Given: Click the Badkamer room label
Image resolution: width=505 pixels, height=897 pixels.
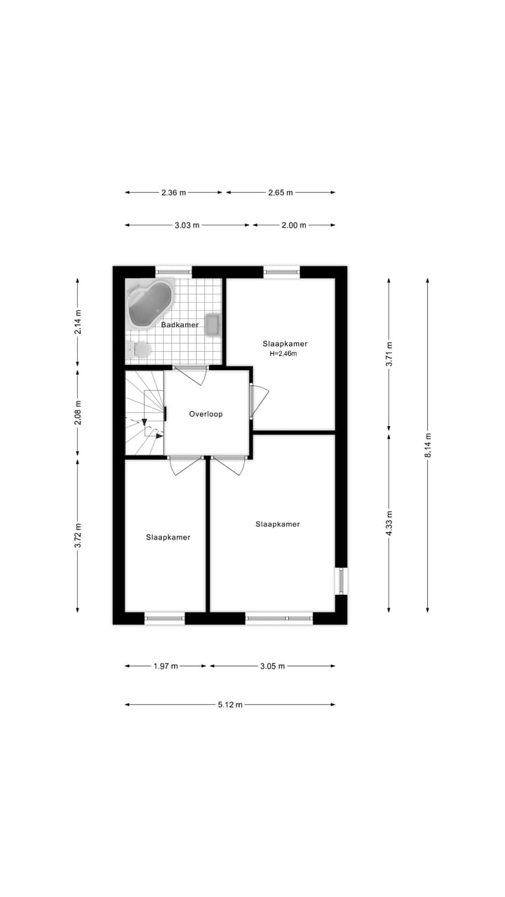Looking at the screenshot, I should coord(180,325).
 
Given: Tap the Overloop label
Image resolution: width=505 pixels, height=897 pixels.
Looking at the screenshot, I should coord(206,414).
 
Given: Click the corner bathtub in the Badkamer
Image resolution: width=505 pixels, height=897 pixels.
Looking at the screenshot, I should coord(150,303).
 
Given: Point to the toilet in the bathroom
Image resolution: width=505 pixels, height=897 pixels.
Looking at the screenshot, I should coord(140,349).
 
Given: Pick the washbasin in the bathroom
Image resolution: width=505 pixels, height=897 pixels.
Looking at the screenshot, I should coord(213,324).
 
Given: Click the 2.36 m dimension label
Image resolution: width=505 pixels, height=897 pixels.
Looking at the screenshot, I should coord(173,192).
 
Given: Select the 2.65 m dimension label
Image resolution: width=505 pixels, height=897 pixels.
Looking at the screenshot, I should coord(281,192).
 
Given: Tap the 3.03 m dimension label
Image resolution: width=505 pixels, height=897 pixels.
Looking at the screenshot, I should coord(187,225).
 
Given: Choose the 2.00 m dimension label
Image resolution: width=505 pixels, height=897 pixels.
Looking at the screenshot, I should coord(293,225).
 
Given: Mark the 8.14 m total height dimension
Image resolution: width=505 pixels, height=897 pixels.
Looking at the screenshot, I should coord(428,444).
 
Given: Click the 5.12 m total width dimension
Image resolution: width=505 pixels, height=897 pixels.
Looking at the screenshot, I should coord(229,704).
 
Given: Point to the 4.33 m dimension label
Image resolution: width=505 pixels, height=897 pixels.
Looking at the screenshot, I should coord(389,522).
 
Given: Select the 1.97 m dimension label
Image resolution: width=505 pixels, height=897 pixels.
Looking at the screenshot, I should coord(166,666).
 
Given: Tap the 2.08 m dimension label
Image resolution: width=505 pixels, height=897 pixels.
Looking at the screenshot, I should coord(78,413).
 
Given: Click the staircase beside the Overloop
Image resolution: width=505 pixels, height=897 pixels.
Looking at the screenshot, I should coord(144,413).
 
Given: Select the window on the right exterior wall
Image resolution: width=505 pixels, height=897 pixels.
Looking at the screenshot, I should coord(341,581).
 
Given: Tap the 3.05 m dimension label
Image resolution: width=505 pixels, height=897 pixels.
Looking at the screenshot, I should coord(272,666).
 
